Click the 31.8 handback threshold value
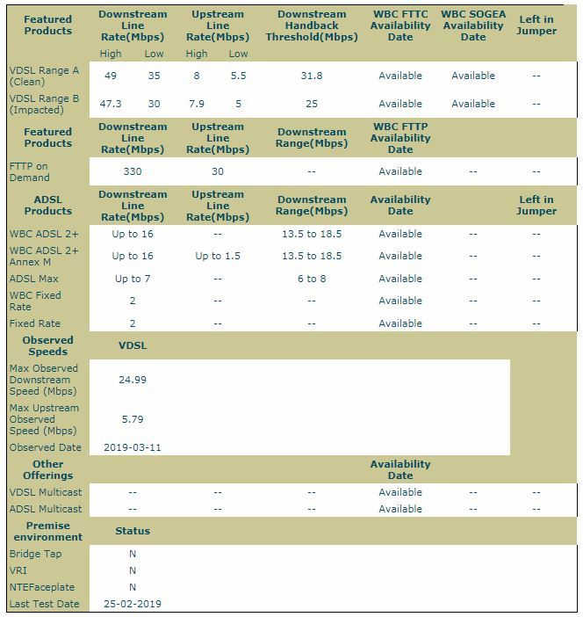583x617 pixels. coord(311,76)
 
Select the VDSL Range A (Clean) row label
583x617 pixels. coord(44,76)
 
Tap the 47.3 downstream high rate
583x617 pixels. coord(112,104)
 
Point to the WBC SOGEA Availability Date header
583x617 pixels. coord(473,25)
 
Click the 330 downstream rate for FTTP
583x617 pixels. coord(133,171)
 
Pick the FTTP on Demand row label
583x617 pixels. coord(29,171)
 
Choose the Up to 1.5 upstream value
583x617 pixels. coord(217,256)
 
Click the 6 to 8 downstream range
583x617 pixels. coord(311,279)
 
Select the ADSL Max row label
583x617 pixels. coord(34,279)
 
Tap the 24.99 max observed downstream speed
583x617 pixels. coord(133,380)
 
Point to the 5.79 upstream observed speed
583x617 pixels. coord(133,419)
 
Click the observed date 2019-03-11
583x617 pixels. coord(133,447)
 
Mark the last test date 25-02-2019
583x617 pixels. coord(133,604)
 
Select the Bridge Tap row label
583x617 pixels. coord(36,554)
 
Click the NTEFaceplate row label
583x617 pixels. coord(42,587)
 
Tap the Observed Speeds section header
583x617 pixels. coord(48,345)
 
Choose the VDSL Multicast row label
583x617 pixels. coord(46,492)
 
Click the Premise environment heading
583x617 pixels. coord(48,531)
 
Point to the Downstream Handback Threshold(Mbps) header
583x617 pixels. coord(313,25)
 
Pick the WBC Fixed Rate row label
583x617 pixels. coord(35,301)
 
